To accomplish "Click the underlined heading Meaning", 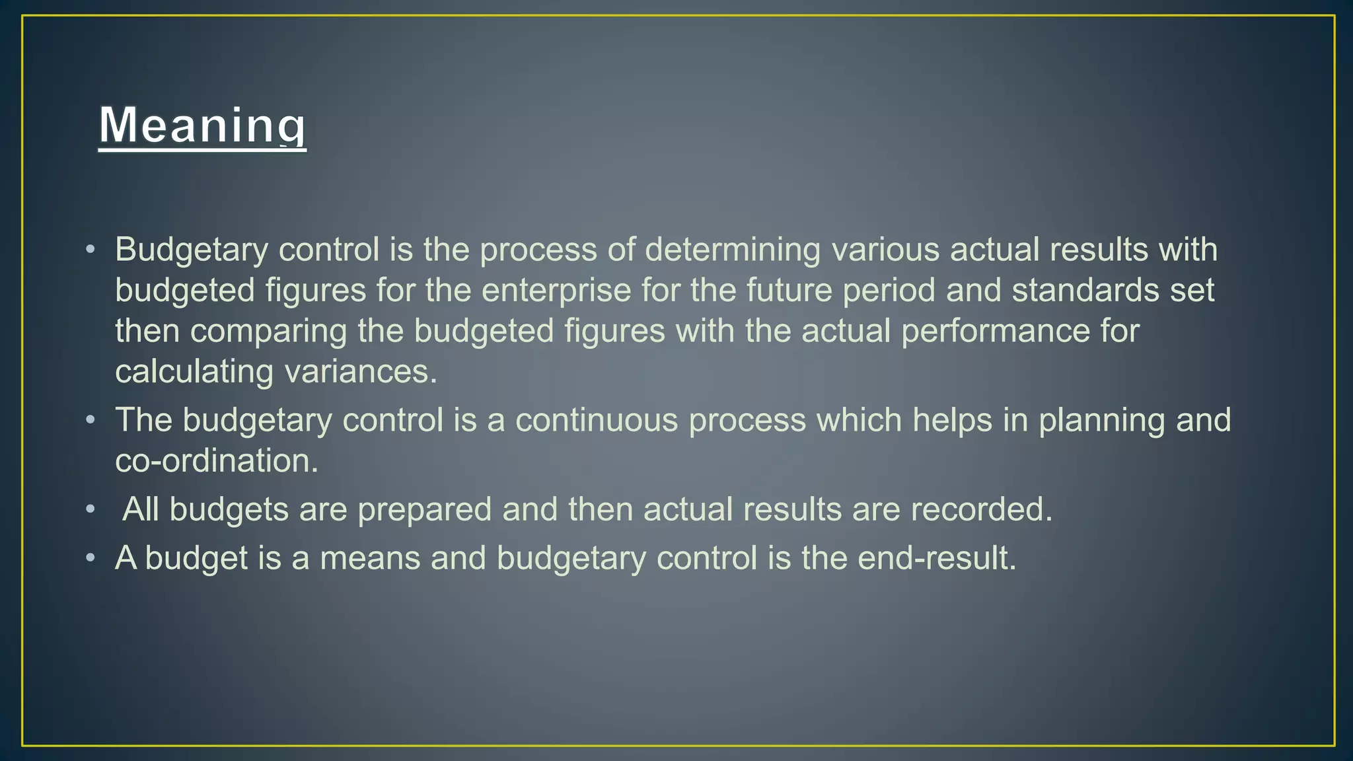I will click(202, 126).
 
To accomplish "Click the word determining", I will click(732, 250).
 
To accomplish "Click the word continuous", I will click(596, 420).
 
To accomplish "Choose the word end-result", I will click(936, 558).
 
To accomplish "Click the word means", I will click(370, 558).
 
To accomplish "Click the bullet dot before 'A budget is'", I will click(91, 558).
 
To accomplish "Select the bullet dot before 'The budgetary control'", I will click(91, 420).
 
